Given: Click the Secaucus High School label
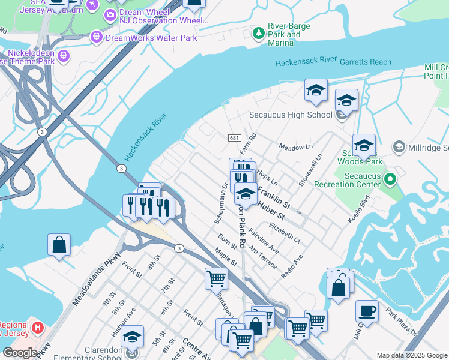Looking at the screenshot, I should [291, 115].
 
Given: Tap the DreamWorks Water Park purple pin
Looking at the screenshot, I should [97, 37].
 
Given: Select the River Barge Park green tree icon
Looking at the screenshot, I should [259, 33].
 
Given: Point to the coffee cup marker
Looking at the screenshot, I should [367, 312].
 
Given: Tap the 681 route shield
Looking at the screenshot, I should [235, 138].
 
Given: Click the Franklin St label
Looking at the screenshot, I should [274, 197].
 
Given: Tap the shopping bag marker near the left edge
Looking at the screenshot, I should [59, 245].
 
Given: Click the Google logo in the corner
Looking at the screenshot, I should [20, 353].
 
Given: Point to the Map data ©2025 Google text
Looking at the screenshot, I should [412, 355].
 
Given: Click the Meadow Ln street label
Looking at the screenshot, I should [296, 146].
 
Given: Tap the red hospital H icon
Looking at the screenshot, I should [38, 328].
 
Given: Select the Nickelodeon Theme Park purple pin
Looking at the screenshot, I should [64, 57].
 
